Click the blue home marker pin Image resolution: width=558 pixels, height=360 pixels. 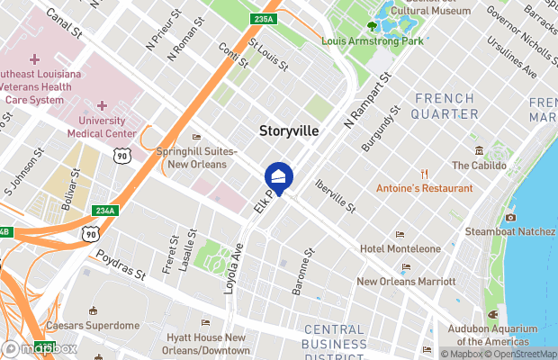(279, 177)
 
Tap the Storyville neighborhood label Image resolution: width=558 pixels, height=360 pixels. (289, 130)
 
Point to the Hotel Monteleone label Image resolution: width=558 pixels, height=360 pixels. (400, 248)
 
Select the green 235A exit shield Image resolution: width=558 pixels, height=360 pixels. (263, 18)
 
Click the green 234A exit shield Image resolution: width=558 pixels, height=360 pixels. (105, 211)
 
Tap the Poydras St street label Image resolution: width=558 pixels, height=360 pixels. (121, 266)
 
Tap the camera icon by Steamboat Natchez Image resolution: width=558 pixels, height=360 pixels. (510, 217)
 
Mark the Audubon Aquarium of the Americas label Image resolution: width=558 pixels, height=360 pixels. (492, 335)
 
